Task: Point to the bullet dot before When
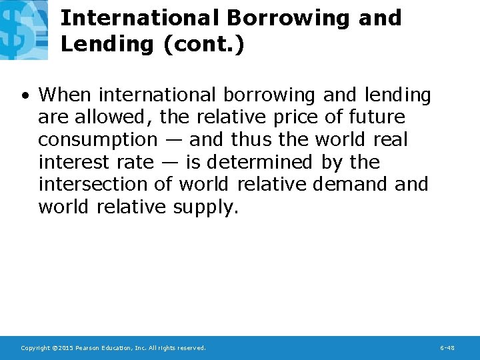click(24, 95)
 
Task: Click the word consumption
click(97, 140)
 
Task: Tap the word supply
click(205, 207)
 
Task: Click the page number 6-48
click(447, 348)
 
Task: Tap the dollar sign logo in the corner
click(23, 29)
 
